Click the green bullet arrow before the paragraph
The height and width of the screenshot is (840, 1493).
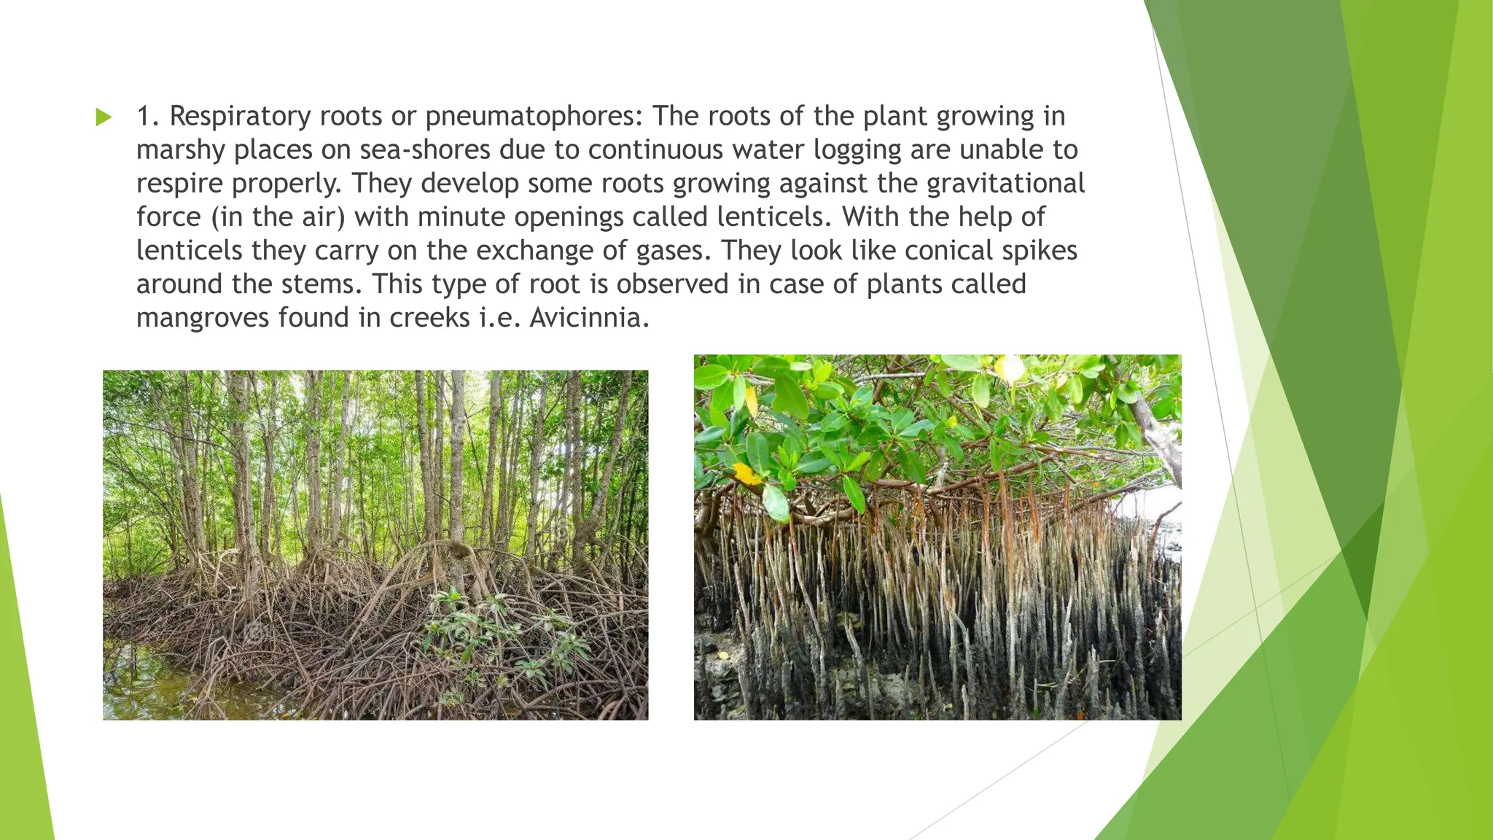point(104,117)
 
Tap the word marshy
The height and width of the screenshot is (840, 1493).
point(181,150)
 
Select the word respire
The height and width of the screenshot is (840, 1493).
point(179,184)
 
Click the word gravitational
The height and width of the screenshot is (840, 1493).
point(1006,184)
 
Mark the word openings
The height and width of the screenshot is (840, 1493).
point(569,217)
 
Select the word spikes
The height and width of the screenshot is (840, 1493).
point(1040,251)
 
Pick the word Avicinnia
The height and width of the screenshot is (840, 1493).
point(588,318)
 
